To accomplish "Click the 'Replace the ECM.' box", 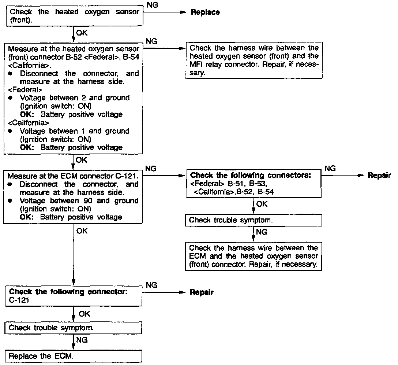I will (x=74, y=356).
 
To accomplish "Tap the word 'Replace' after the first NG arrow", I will (x=205, y=12).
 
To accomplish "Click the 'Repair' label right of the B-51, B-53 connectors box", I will (x=379, y=175).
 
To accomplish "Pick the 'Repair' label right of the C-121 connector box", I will (x=202, y=292).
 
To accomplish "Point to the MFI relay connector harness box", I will (x=254, y=60).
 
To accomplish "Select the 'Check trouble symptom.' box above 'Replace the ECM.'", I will (x=74, y=328).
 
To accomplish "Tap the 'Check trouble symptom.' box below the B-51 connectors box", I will (x=254, y=220).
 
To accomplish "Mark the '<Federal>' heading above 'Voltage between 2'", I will (x=25, y=89).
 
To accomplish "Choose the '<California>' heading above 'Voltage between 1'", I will (x=28, y=123).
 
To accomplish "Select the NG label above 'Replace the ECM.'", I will (x=82, y=340).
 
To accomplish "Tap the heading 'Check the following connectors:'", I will (x=251, y=175).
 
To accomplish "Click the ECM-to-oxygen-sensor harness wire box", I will (x=254, y=256).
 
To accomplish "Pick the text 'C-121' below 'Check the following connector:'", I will (x=17, y=300).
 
